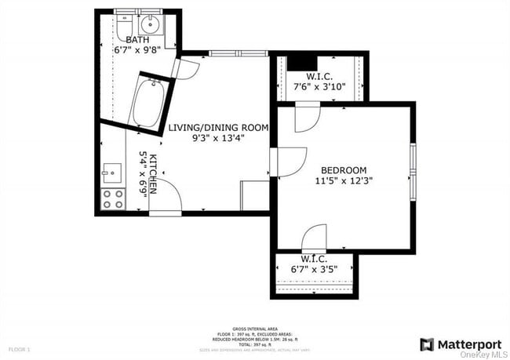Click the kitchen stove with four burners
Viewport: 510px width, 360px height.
(113, 199)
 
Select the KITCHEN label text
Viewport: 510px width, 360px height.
(154, 173)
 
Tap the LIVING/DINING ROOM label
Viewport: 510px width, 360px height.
(219, 127)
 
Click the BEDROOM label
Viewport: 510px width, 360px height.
(344, 170)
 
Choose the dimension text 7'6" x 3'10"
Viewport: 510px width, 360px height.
(319, 88)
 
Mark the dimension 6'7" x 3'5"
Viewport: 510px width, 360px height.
(313, 270)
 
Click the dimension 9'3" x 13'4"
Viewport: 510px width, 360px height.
(219, 138)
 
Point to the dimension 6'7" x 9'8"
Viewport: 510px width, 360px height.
(137, 49)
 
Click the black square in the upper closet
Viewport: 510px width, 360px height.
(301, 64)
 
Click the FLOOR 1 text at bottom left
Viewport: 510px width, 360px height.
(19, 348)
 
